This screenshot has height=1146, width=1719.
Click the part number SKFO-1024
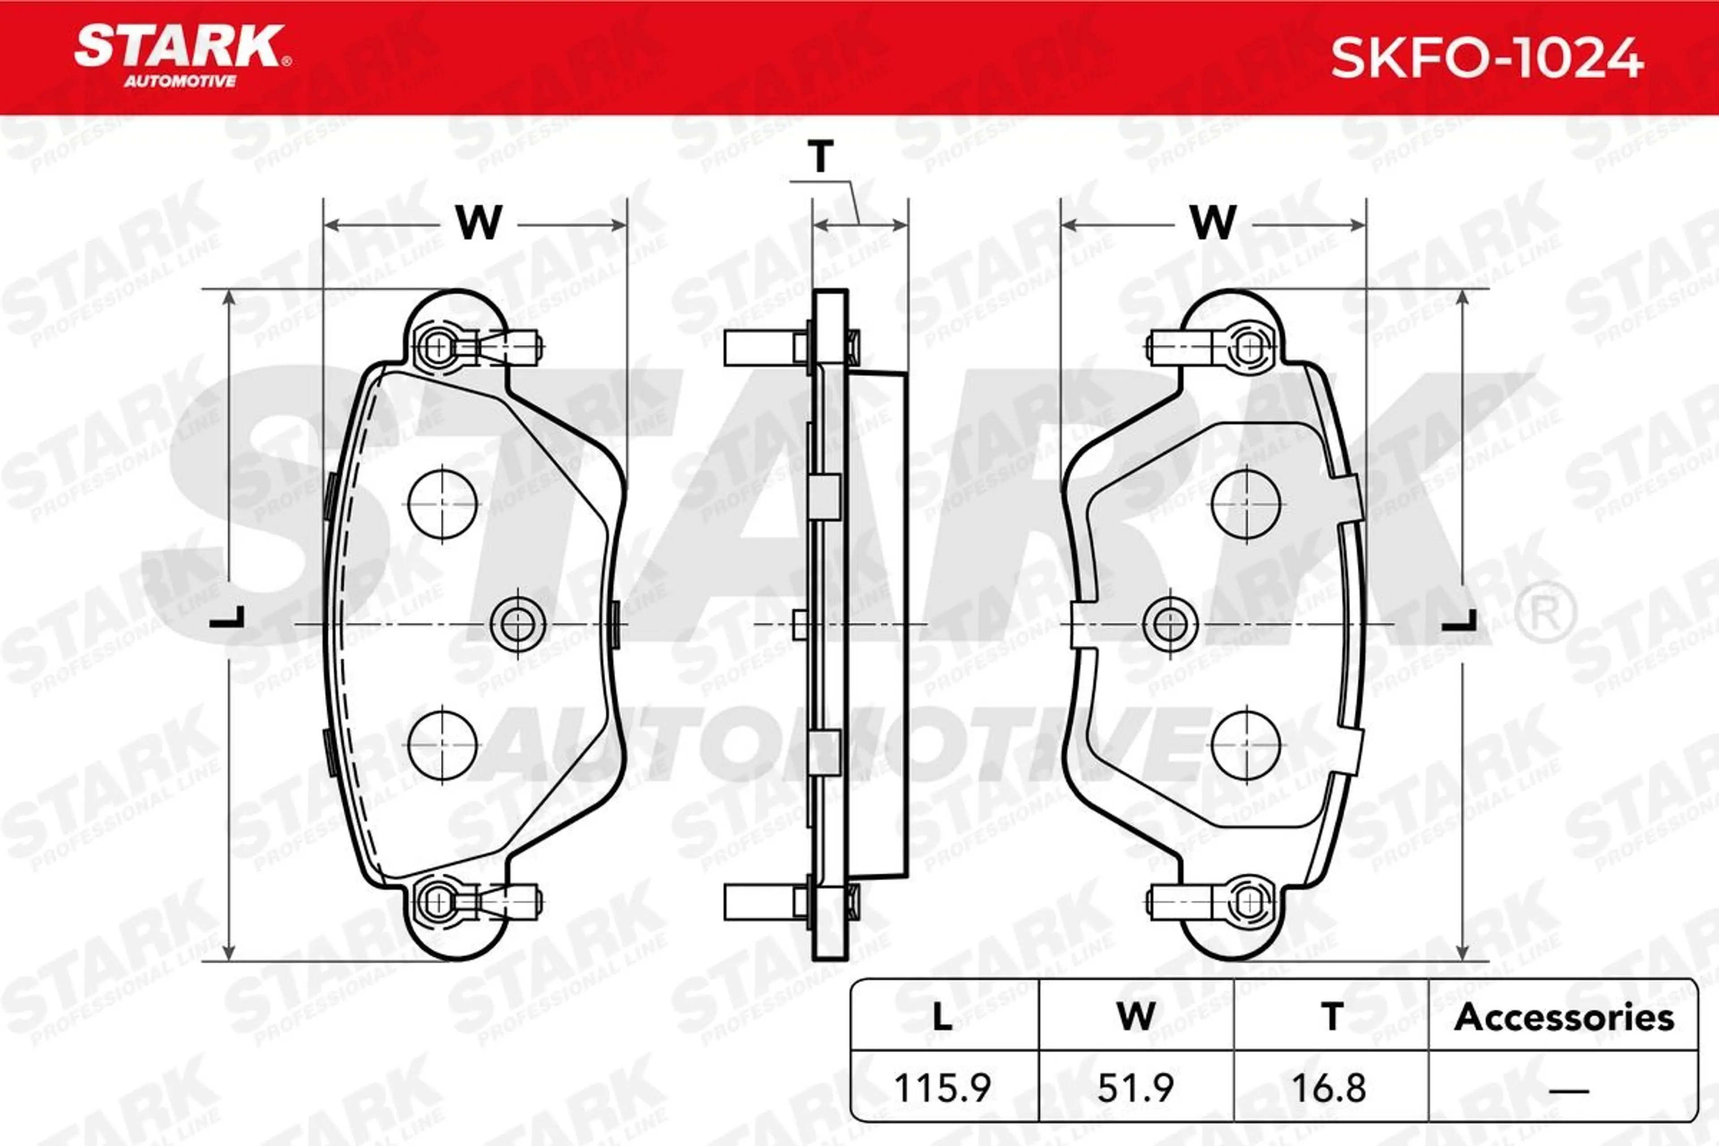click(x=1487, y=59)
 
